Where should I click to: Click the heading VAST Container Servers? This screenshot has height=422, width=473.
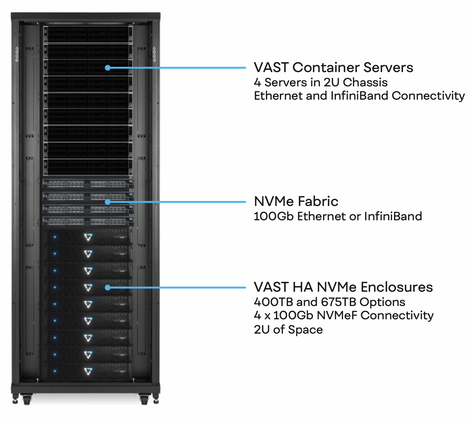click(x=333, y=67)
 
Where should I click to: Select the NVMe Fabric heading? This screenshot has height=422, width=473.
click(x=296, y=201)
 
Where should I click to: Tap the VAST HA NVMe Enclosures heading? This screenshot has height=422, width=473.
click(x=343, y=287)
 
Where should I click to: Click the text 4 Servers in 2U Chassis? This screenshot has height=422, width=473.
click(x=321, y=82)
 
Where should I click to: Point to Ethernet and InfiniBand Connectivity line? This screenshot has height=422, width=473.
click(x=359, y=96)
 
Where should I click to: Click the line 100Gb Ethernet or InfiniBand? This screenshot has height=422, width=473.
click(x=337, y=216)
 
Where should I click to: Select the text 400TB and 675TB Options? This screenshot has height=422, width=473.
click(x=329, y=302)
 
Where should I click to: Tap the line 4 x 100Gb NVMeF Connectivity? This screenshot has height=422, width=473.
click(x=343, y=315)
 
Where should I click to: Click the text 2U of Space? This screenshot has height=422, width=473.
click(x=288, y=330)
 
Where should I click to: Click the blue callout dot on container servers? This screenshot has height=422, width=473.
click(x=107, y=68)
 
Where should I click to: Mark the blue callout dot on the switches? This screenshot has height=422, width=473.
click(x=107, y=202)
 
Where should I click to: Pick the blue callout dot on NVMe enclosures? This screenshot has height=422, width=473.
click(x=107, y=287)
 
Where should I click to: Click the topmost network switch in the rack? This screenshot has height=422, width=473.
click(x=88, y=184)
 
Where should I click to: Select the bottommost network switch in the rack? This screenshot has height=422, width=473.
click(x=88, y=221)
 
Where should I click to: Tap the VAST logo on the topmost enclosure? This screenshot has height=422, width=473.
click(x=88, y=237)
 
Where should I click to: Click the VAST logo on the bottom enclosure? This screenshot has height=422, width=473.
click(x=88, y=371)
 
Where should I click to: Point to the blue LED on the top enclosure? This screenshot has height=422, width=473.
click(x=55, y=237)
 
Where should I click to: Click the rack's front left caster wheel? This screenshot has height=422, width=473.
click(x=27, y=400)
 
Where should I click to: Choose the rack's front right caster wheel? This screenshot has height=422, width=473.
click(x=144, y=400)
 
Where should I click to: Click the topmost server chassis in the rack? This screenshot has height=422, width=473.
click(x=88, y=34)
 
